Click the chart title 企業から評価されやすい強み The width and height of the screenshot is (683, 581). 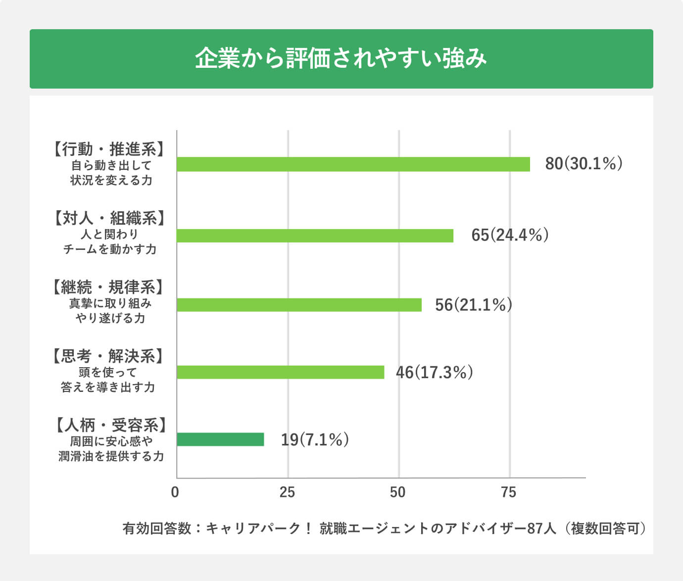(x=341, y=58)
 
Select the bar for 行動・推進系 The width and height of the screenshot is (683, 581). (x=353, y=164)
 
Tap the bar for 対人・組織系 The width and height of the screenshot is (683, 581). (x=315, y=236)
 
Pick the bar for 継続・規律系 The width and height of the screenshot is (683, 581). (x=299, y=305)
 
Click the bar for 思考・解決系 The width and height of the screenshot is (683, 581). (x=280, y=372)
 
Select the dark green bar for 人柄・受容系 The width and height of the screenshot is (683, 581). (x=220, y=439)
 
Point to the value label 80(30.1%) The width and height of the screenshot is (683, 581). (x=584, y=164)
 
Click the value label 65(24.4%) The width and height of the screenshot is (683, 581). (x=510, y=235)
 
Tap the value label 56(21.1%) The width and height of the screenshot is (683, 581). (x=473, y=305)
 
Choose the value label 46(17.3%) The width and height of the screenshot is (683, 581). (x=434, y=372)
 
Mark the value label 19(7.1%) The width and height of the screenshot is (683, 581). (x=315, y=439)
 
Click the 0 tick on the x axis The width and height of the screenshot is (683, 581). (x=175, y=492)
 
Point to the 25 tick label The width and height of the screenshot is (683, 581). (x=287, y=492)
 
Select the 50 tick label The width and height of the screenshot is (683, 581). (x=397, y=492)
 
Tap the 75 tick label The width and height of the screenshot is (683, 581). (x=508, y=492)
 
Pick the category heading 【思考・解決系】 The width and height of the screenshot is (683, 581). (x=108, y=356)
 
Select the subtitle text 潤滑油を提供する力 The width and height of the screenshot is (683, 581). (x=111, y=456)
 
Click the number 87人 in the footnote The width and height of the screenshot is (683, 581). (x=541, y=529)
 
